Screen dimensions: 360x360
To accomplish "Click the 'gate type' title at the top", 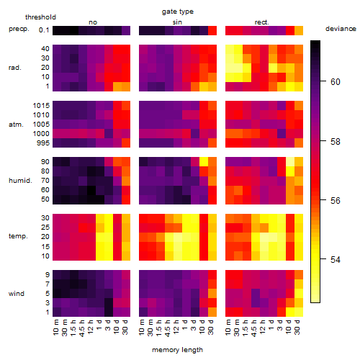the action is (178, 12).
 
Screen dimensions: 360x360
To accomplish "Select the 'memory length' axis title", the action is (177, 350).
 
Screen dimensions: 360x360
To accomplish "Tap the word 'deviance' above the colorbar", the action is (341, 29).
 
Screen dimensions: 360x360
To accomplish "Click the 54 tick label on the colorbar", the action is (336, 259).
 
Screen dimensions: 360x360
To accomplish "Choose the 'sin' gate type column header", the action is (177, 22).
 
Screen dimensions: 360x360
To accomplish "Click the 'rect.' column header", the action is (262, 22).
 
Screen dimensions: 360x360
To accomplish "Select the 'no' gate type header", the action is (93, 22).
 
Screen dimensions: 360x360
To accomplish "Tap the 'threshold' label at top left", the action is (40, 17).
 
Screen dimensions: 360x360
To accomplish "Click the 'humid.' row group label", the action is (20, 181).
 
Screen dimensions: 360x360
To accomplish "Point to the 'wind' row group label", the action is (17, 294).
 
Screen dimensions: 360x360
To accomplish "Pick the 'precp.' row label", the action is (19, 29).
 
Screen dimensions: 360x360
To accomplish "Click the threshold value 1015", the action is (41, 106).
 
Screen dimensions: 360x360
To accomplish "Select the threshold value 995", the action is (43, 143).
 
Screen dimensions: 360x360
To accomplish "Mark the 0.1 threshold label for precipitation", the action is (44, 30).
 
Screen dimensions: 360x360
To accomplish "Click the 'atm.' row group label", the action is (16, 125).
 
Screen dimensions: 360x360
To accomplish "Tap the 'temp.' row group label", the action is (18, 236).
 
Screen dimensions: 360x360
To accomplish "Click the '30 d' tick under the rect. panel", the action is (297, 327).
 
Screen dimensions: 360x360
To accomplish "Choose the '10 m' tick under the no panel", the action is (55, 327).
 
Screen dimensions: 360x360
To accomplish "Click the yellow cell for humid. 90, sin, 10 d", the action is (204, 162).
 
